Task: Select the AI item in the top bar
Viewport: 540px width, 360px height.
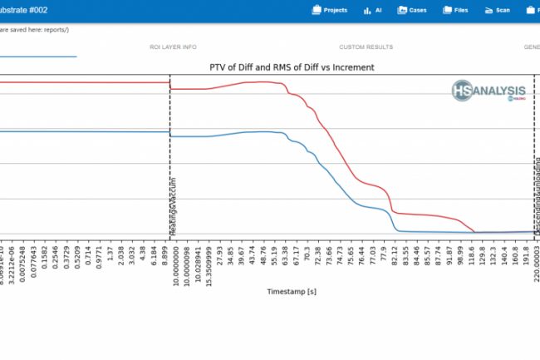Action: pos(372,11)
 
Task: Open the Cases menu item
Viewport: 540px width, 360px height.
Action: pos(413,11)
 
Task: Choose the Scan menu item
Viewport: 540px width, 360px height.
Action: pos(498,11)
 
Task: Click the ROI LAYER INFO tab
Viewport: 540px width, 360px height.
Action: pos(173,47)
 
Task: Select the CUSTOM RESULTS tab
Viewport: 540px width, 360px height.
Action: pos(366,47)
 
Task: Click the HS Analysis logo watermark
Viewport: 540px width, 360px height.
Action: pos(488,91)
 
